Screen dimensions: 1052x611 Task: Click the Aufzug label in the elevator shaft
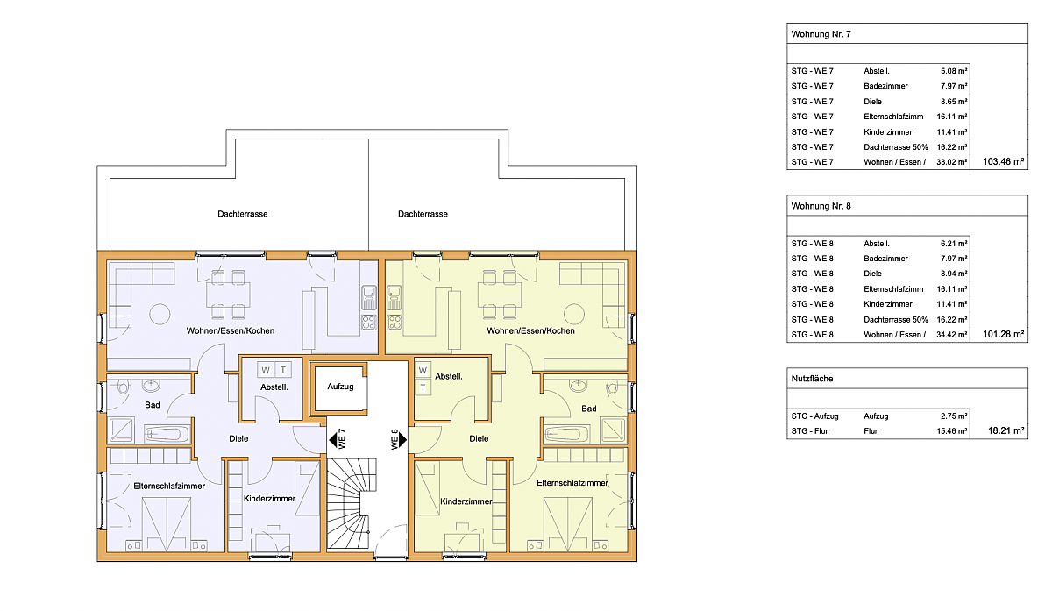(340, 387)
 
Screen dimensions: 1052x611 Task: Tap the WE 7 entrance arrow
(333, 441)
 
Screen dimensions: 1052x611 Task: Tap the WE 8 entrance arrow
(403, 440)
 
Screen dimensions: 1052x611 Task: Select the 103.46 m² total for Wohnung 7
(1003, 162)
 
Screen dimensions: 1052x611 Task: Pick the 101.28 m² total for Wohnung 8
(1003, 334)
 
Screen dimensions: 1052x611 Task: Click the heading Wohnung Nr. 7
(821, 34)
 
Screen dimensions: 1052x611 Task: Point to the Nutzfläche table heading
(812, 379)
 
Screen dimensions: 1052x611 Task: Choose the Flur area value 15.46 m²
(952, 431)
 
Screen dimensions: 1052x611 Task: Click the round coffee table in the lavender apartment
(160, 314)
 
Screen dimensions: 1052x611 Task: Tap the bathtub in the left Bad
(167, 434)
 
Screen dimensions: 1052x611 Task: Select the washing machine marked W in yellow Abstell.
(423, 370)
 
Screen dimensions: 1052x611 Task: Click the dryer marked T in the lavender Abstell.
(283, 370)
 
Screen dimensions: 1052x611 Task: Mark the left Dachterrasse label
(242, 214)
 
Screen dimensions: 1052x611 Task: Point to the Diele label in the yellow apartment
(479, 438)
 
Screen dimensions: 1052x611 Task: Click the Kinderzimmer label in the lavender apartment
(269, 498)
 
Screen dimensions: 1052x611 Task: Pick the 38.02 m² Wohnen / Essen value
(952, 162)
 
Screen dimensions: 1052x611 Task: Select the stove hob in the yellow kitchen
(394, 323)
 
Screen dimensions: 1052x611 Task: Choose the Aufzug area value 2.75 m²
(954, 416)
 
